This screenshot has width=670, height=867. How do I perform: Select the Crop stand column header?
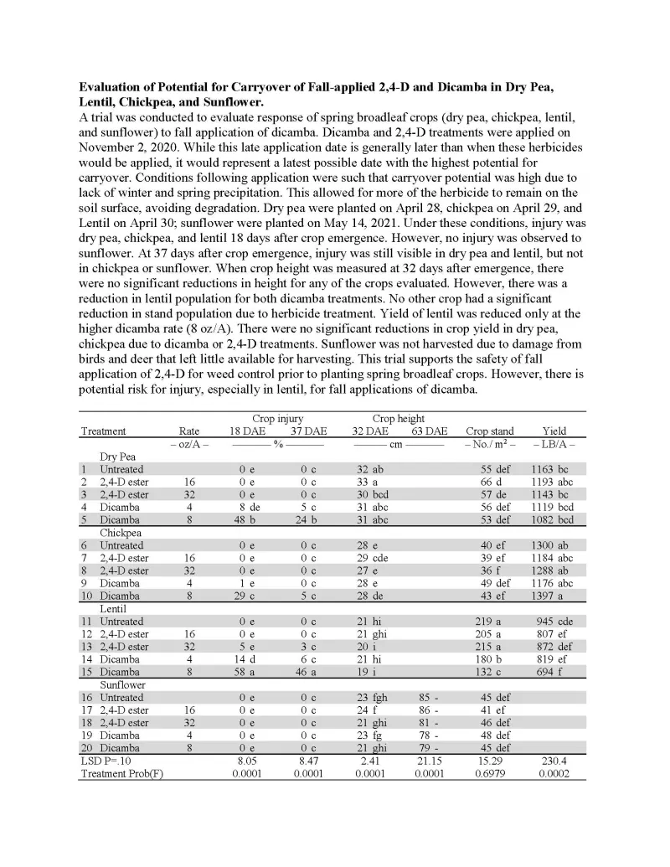click(490, 431)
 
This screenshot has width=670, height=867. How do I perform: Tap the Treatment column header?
click(103, 431)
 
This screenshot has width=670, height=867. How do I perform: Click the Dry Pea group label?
click(119, 457)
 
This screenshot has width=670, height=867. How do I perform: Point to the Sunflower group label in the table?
click(124, 684)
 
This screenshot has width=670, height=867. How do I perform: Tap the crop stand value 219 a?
click(492, 622)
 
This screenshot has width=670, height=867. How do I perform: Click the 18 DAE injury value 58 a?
click(246, 672)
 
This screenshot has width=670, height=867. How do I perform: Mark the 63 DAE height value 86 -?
click(430, 710)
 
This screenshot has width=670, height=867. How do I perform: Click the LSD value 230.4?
click(554, 760)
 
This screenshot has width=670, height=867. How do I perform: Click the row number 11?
click(86, 622)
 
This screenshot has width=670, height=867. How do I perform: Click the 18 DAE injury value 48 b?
click(246, 520)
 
